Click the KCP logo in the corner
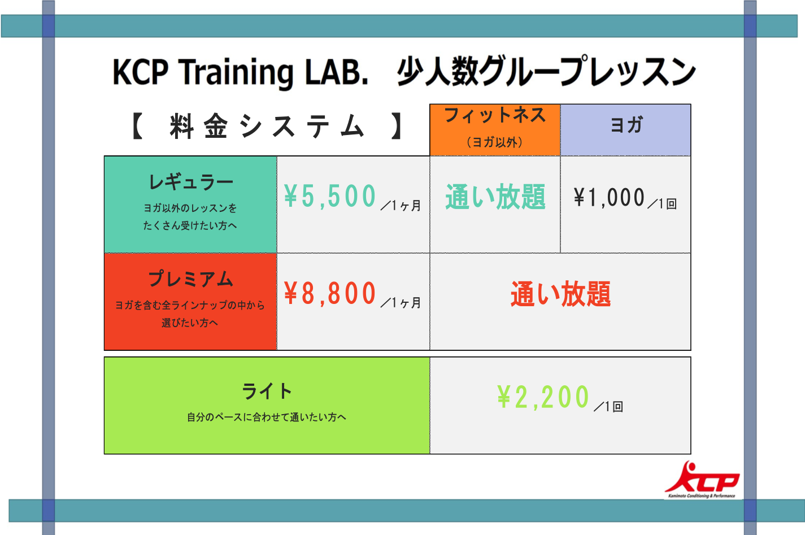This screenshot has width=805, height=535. coord(702,479)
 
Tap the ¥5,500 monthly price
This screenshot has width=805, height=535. coord(330,196)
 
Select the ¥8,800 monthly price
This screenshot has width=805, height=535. coord(330,293)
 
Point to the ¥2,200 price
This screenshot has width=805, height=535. coord(543,397)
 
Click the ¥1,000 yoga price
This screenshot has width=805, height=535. coord(609,197)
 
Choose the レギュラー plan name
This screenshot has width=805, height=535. coord(191,182)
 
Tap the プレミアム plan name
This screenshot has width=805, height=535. coord(191,279)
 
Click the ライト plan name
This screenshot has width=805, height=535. coord(267,391)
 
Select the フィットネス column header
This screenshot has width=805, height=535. coord(495,115)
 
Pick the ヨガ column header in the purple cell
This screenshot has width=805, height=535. coord(626,125)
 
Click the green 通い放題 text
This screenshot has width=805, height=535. coord(495,197)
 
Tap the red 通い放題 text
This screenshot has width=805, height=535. coord(560,294)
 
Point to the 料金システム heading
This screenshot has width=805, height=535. coord(267,126)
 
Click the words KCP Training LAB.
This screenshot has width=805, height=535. coord(241,72)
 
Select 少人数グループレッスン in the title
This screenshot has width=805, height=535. coord(546,71)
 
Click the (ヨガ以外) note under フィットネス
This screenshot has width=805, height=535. coord(495,142)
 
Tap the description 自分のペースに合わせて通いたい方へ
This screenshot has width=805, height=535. coord(267,417)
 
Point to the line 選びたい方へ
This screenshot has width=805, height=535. coord(190,323)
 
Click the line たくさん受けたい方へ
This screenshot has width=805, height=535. coord(190,225)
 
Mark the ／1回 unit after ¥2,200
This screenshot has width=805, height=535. coord(608,406)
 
